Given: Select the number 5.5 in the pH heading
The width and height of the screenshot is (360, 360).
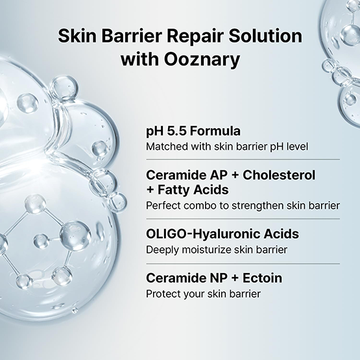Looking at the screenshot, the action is tap(177, 131).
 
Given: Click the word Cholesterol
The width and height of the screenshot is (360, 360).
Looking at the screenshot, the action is tap(279, 175).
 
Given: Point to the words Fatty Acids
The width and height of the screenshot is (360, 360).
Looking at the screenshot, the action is tap(193, 190).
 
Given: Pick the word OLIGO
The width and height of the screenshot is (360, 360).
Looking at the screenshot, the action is tap(165, 234).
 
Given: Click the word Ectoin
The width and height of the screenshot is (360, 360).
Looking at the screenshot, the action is tap(263, 278).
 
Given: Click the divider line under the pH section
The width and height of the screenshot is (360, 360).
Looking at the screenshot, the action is tap(243, 159).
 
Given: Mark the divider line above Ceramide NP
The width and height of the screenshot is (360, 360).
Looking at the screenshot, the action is tap(243, 264).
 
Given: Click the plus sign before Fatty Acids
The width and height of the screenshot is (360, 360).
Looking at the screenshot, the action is tap(150, 190).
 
